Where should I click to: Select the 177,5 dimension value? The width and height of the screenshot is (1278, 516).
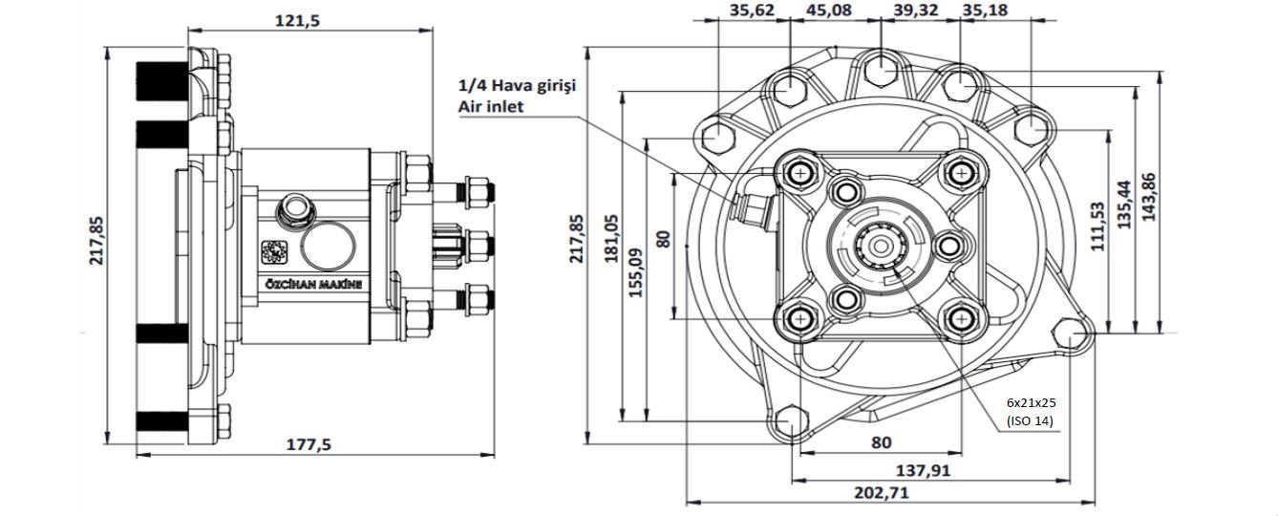(314, 444)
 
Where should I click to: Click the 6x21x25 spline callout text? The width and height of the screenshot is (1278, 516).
(1034, 402)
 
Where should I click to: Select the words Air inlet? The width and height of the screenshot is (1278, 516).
(492, 107)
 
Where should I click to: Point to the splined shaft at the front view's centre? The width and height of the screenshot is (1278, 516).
(881, 251)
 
